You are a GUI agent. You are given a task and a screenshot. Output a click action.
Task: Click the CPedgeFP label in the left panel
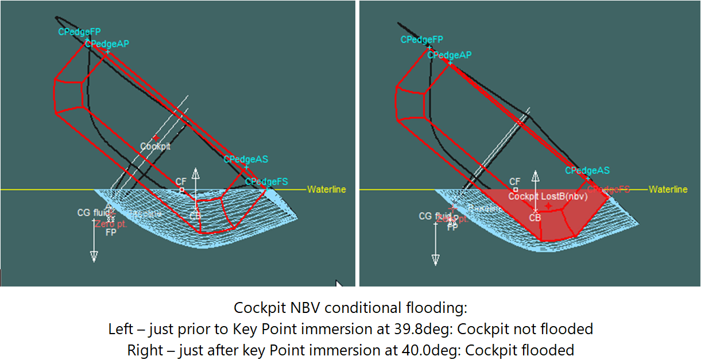tap(79, 32)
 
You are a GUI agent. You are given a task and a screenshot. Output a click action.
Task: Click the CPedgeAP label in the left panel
tap(107, 44)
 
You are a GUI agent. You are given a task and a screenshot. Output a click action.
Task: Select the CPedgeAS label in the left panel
tap(246, 160)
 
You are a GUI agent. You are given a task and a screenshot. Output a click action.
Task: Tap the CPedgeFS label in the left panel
tap(266, 182)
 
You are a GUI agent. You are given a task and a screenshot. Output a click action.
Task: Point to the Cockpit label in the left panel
tap(155, 146)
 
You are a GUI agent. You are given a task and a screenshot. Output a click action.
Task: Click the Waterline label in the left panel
tap(327, 189)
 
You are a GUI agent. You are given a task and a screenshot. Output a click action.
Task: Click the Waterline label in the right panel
tap(668, 189)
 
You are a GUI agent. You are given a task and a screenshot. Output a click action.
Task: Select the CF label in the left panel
tap(181, 181)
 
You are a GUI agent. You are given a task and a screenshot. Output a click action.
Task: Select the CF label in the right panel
tap(515, 181)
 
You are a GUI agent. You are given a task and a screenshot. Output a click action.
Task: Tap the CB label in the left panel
tap(196, 216)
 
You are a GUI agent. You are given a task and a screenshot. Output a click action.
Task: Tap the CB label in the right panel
tap(535, 218)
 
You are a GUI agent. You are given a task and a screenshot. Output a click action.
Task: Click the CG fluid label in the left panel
tap(92, 213)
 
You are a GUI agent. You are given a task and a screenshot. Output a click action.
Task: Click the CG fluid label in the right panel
tap(433, 216)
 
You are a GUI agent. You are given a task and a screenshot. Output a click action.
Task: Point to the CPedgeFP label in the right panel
tap(422, 40)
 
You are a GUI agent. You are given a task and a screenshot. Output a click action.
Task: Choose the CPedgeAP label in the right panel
tap(450, 55)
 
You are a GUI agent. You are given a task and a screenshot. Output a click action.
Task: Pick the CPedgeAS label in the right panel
tap(587, 171)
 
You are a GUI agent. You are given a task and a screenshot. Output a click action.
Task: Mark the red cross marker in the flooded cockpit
tap(549, 206)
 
